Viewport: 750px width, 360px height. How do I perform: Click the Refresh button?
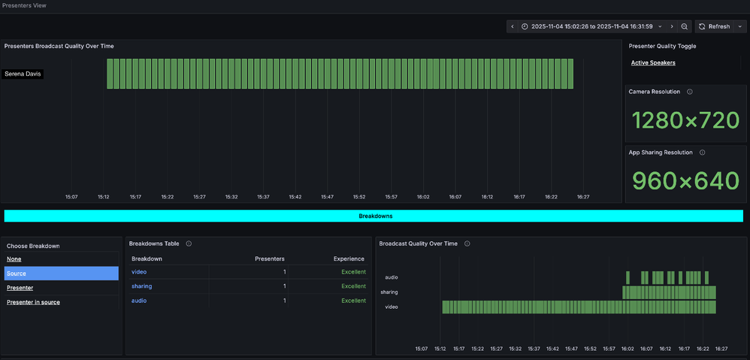point(715,26)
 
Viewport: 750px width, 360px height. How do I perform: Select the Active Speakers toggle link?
point(653,62)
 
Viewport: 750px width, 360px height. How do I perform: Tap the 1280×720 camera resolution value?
point(685,120)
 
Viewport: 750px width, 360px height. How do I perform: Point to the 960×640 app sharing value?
point(685,180)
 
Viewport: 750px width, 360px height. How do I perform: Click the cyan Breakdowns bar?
point(373,216)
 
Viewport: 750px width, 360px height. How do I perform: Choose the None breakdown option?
point(14,259)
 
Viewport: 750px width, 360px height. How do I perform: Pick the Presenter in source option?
point(33,302)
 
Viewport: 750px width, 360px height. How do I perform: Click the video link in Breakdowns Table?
point(139,271)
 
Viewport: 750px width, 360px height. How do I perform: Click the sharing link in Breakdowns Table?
point(141,286)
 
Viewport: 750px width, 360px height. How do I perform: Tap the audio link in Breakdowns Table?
point(139,301)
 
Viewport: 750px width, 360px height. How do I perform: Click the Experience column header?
point(349,259)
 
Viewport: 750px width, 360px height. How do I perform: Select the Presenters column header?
point(270,259)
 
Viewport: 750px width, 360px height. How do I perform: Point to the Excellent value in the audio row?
point(353,301)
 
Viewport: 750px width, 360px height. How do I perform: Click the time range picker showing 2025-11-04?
point(591,26)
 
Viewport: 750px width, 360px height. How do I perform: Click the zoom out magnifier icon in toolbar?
point(685,26)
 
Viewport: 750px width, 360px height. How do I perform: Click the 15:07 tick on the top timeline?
point(71,197)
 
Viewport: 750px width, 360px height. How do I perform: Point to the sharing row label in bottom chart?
point(389,292)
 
